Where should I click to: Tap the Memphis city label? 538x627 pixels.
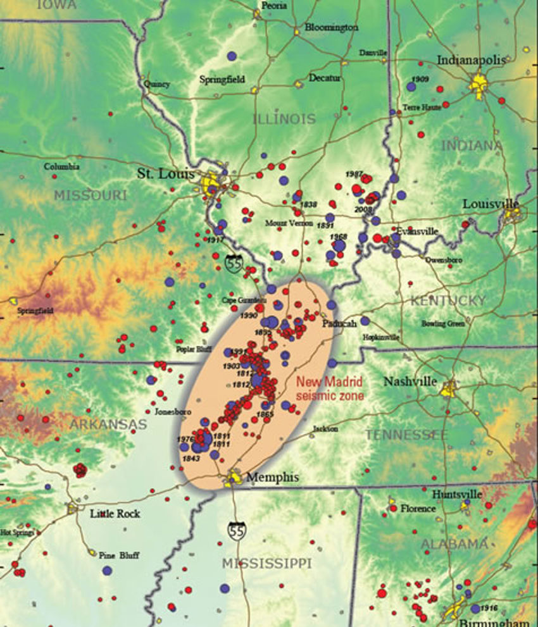point(272,477)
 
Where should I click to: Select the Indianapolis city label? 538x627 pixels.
point(472,60)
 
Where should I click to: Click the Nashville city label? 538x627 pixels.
point(410,382)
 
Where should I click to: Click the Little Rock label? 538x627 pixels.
point(115,513)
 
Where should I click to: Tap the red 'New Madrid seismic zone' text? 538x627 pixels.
point(330,388)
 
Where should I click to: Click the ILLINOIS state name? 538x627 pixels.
point(284,119)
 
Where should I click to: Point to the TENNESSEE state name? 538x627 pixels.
point(406,435)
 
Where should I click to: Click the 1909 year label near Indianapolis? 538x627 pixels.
point(420,79)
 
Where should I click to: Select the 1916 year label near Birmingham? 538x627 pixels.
point(489,608)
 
